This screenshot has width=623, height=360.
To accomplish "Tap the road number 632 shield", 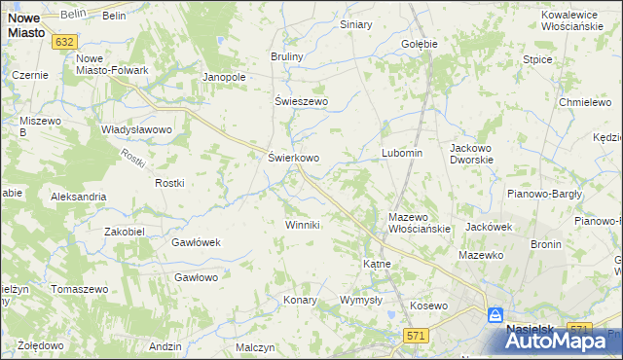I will click(x=66, y=42).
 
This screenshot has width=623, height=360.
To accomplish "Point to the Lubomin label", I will click(x=401, y=154).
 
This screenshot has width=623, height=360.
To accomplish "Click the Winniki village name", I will click(x=302, y=225).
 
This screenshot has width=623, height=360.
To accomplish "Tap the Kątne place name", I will click(x=377, y=264).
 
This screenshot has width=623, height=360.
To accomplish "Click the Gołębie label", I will click(x=420, y=44).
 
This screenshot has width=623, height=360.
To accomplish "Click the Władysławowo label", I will click(x=136, y=129).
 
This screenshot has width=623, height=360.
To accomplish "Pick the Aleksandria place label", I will click(x=79, y=197).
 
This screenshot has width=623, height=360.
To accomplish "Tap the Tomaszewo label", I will click(x=79, y=290).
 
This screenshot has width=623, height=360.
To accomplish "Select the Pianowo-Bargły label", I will click(x=545, y=194).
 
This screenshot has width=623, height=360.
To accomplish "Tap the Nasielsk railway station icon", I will click(x=495, y=315).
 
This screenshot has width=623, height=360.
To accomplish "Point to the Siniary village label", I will click(x=356, y=24).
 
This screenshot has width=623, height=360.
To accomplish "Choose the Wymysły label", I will click(x=360, y=300).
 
